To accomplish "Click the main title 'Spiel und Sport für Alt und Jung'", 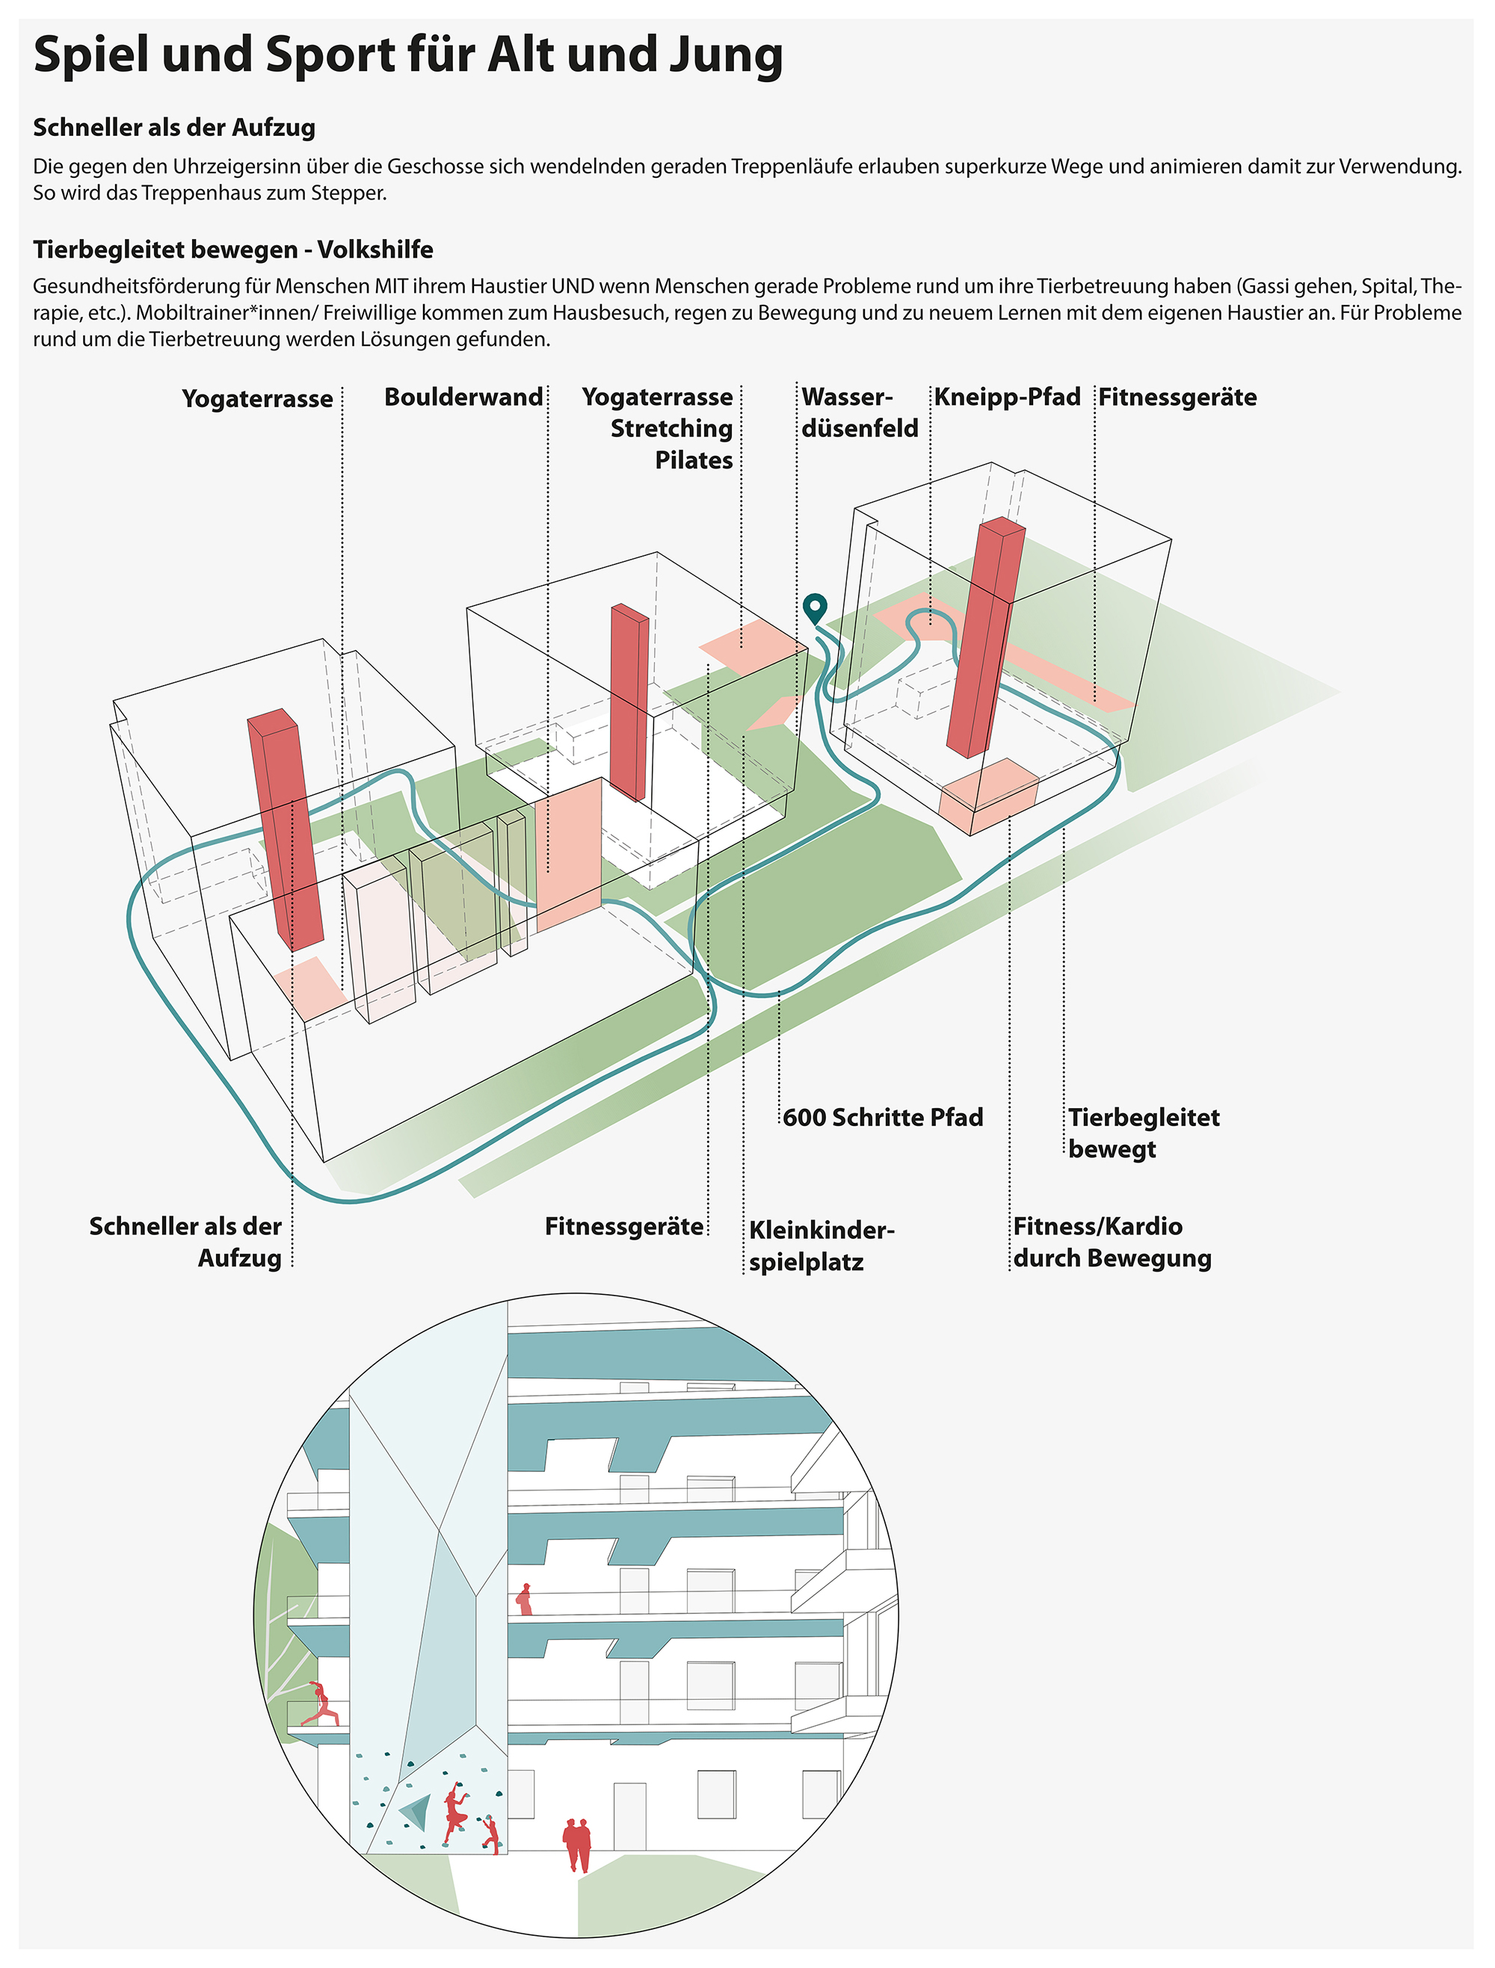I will click(407, 55).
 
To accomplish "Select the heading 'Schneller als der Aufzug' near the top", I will click(174, 128).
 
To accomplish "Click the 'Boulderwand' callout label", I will click(463, 397).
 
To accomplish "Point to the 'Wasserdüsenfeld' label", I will click(859, 413).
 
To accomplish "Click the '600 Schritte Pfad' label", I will click(883, 1118).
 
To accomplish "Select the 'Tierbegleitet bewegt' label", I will click(1143, 1133).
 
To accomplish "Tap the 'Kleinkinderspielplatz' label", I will click(821, 1246).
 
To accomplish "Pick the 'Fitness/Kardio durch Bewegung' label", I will click(1112, 1242).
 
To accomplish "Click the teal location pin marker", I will click(814, 608).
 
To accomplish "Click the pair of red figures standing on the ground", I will click(576, 1844).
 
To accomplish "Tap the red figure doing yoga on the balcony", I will click(322, 1703).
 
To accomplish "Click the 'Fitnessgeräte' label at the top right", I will click(1177, 397).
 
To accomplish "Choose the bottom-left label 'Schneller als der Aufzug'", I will click(187, 1242).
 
